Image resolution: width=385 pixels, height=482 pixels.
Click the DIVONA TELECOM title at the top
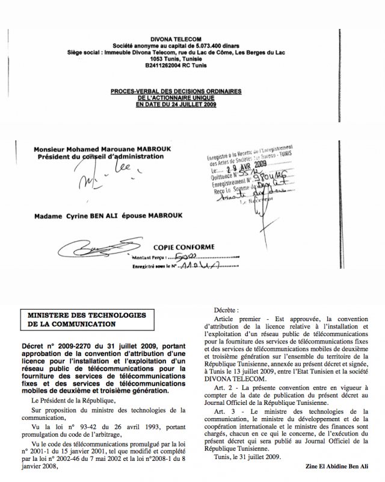(x=193, y=37)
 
